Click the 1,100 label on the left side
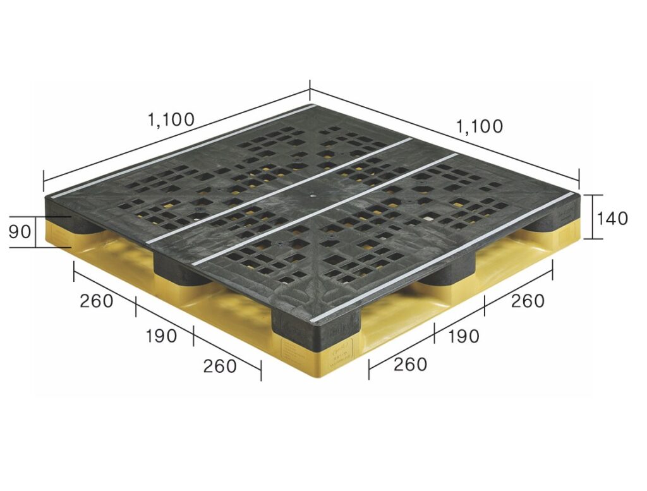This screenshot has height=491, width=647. click(171, 119)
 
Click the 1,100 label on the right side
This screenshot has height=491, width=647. click(480, 126)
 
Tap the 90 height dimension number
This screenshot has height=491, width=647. click(20, 232)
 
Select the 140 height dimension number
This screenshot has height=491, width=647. click(612, 218)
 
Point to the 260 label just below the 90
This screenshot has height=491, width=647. click(96, 301)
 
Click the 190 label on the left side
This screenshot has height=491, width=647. click(161, 336)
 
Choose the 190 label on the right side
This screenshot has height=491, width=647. click(463, 336)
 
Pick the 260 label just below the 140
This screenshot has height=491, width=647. click(528, 301)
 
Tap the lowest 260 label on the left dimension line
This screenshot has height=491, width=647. click(220, 366)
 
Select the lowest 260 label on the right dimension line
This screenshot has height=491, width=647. click(410, 365)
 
